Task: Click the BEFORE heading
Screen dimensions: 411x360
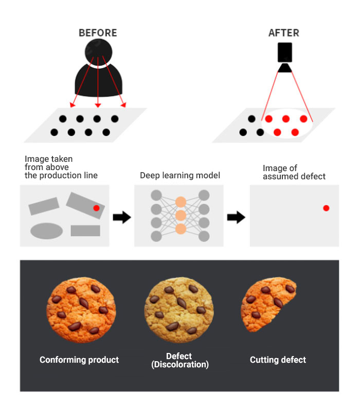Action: click(98, 33)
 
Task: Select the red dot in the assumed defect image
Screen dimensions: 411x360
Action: click(326, 208)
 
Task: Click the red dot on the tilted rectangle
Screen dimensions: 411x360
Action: click(96, 208)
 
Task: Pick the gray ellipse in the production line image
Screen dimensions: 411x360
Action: click(46, 231)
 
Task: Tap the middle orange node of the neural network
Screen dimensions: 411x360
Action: click(180, 215)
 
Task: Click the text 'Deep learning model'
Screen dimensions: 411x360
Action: click(180, 176)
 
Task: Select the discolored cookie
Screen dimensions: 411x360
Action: click(178, 306)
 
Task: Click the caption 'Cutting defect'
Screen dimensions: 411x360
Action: click(278, 360)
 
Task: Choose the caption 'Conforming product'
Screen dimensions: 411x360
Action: click(79, 360)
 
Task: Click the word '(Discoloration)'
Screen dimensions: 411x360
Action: click(180, 365)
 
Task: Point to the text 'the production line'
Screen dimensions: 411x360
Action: click(61, 176)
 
